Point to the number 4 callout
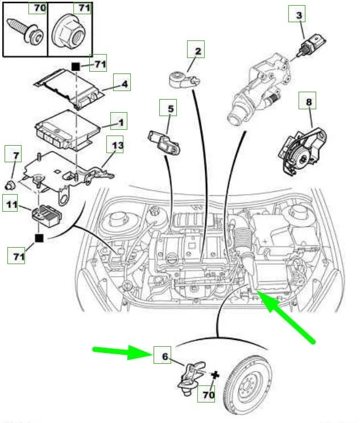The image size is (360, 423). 121,85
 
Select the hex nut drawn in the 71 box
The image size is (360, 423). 69,32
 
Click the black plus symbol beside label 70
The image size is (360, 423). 215,374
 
